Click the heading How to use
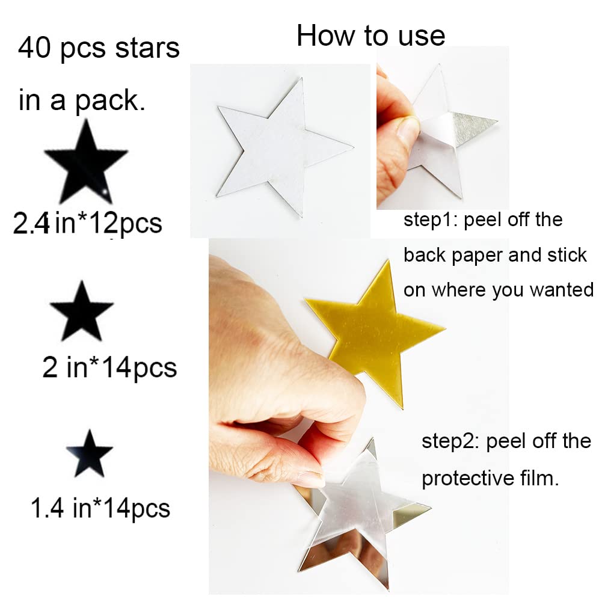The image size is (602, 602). pyautogui.click(x=370, y=36)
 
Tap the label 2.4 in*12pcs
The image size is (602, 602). pyautogui.click(x=88, y=223)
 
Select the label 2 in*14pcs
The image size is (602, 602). pyautogui.click(x=109, y=367)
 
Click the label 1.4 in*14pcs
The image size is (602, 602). pyautogui.click(x=100, y=509)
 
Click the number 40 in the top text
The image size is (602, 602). pyautogui.click(x=34, y=48)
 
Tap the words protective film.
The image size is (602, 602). pyautogui.click(x=490, y=479)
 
